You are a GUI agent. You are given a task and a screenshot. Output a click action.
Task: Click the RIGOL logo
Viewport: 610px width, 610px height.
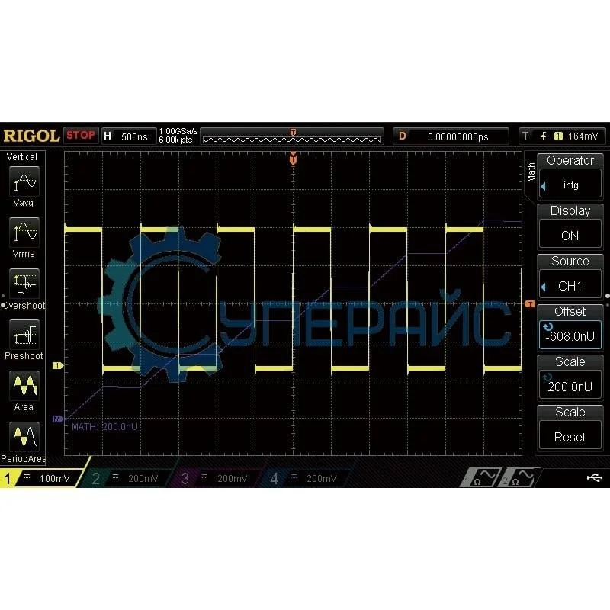pyautogui.click(x=31, y=136)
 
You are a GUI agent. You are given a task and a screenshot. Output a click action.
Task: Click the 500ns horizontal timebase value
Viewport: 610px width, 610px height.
pyautogui.click(x=135, y=136)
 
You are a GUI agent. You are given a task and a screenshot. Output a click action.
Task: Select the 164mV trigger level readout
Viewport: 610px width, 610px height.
pyautogui.click(x=585, y=136)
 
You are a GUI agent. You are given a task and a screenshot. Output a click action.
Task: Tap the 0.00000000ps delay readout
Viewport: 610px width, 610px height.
pyautogui.click(x=457, y=137)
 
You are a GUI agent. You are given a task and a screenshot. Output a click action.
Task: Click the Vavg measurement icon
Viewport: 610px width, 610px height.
pyautogui.click(x=24, y=183)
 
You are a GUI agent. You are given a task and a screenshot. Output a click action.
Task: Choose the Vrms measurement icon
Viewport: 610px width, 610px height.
pyautogui.click(x=24, y=232)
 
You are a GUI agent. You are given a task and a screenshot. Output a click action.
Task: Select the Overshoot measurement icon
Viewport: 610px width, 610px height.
pyautogui.click(x=24, y=283)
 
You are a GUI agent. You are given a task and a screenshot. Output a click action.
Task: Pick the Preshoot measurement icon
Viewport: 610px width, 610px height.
pyautogui.click(x=24, y=335)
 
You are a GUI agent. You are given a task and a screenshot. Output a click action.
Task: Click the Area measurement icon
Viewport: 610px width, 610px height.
pyautogui.click(x=24, y=386)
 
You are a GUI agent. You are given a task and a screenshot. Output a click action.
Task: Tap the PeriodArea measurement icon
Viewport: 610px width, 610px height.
pyautogui.click(x=24, y=437)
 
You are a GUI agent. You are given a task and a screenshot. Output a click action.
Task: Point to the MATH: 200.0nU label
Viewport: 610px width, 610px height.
pyautogui.click(x=104, y=427)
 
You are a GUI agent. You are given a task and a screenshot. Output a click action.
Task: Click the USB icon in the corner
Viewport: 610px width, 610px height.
pyautogui.click(x=595, y=478)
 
